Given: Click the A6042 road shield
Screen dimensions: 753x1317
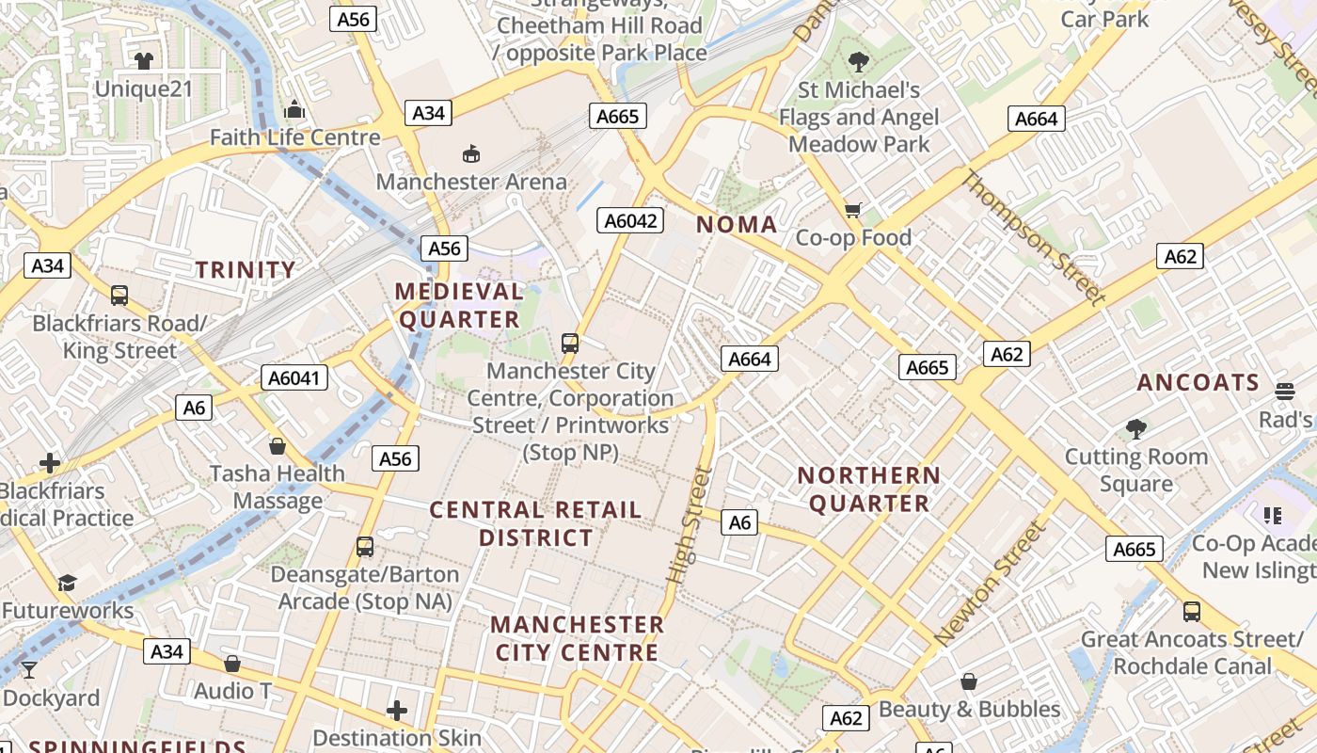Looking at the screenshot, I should click(x=630, y=221).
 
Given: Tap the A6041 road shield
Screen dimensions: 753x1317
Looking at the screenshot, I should click(x=294, y=378).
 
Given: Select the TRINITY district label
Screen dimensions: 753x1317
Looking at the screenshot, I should click(x=246, y=270).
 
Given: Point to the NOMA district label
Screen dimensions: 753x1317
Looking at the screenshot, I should click(x=737, y=225).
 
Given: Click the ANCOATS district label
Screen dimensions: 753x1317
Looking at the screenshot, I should click(x=1198, y=383).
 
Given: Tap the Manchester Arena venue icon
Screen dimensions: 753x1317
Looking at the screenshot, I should click(x=471, y=152).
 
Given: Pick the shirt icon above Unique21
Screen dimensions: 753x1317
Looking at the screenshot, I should click(x=143, y=62).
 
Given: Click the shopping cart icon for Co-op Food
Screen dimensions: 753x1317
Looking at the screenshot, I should click(x=853, y=210).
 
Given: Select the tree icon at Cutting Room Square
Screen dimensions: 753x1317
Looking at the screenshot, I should click(x=1136, y=429).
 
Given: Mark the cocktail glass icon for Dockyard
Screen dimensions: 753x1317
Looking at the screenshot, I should click(x=29, y=669).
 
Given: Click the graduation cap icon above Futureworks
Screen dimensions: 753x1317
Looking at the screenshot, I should click(x=67, y=583).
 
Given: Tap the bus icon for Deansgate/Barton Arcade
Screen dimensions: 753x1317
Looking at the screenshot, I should click(x=365, y=546).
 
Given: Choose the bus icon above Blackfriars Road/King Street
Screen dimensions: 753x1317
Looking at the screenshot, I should click(x=119, y=296).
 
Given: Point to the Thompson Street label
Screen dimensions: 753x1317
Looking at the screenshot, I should click(x=1033, y=238).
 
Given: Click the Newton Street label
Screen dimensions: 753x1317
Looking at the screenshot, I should click(x=991, y=584).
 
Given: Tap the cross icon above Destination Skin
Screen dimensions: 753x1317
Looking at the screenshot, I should click(x=397, y=710).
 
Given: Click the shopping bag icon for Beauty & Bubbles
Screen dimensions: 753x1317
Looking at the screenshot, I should click(x=969, y=681).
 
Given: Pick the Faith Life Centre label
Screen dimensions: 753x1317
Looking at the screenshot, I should click(x=294, y=137).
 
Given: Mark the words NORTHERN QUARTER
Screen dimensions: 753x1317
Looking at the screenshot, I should click(x=869, y=489).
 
